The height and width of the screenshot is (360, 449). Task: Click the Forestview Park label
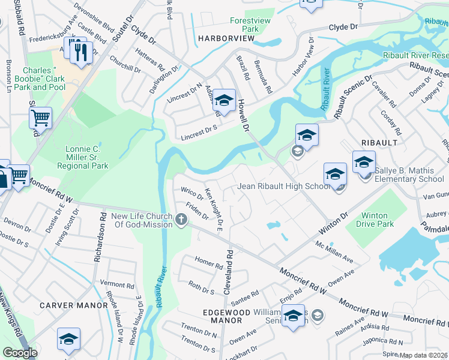coord(252,25)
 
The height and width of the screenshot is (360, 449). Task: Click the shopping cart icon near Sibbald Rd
coord(40,118)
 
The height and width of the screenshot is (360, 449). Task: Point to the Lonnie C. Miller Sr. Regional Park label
coord(87,157)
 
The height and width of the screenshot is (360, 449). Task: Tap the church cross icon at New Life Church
coord(181,220)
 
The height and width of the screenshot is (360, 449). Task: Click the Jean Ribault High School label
coord(283,186)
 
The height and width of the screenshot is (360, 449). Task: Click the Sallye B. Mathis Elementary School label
coord(409,175)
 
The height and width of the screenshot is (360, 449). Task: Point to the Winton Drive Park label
coord(378,220)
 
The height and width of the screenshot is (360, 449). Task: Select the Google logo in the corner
coord(20,353)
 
